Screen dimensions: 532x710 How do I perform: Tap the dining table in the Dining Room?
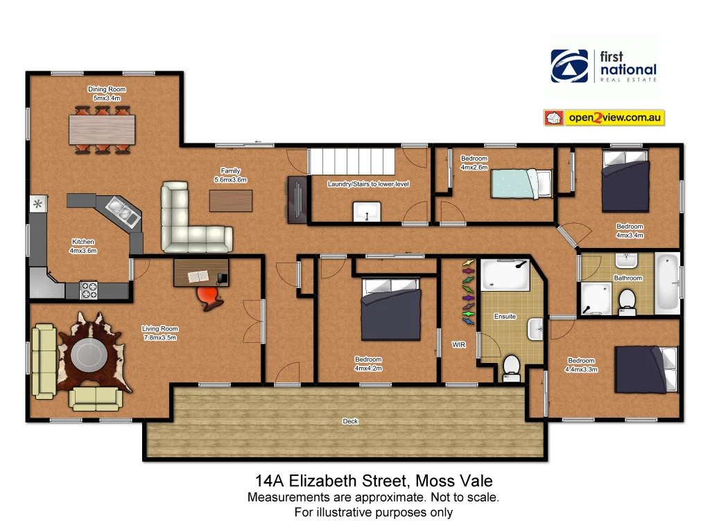pos(103,129)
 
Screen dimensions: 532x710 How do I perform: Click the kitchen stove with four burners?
pos(89,290)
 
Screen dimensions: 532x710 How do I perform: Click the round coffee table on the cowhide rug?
pos(90,355)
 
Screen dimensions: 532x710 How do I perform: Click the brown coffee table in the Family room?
pos(231,200)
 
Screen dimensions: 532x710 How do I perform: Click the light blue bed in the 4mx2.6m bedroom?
pos(521,184)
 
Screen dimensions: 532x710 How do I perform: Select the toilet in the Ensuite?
pos(512,367)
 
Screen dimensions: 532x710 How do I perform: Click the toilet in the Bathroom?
pos(627,301)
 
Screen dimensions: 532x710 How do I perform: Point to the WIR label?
pos(458,344)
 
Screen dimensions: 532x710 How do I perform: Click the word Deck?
pos(350,421)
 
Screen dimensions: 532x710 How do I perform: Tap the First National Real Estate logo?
pos(603,66)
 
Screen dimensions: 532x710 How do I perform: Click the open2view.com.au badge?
pos(604,118)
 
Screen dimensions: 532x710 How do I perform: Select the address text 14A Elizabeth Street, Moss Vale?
pos(374,481)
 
